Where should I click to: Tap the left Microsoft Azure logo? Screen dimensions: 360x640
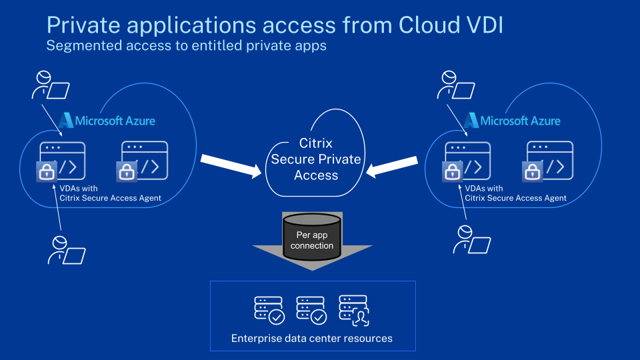(107, 121)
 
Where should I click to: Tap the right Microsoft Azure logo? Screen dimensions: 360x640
(512, 121)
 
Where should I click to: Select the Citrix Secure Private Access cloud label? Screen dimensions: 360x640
(316, 159)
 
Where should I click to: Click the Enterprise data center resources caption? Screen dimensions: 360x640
(312, 338)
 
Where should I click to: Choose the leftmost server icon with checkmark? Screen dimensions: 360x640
(269, 310)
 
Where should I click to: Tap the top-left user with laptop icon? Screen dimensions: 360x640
(49, 85)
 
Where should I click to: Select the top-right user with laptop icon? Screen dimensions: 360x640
(456, 85)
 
